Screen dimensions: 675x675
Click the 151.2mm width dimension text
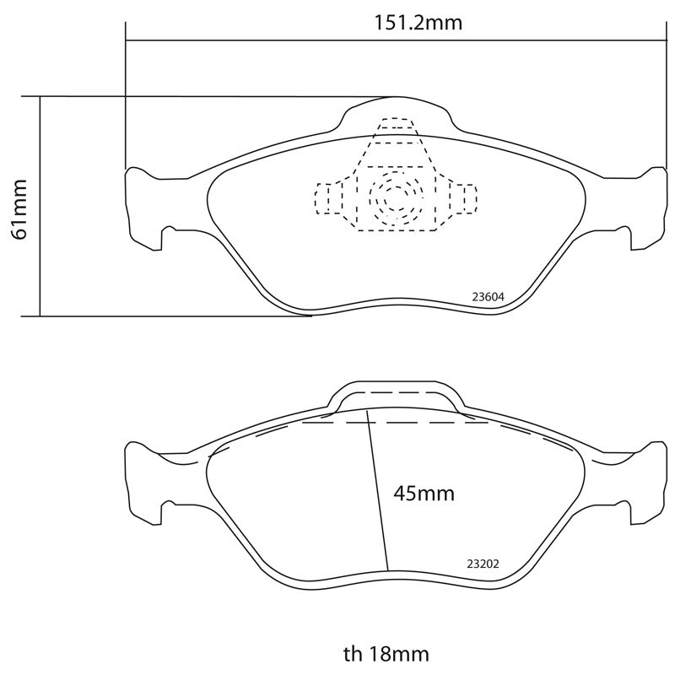[418, 23]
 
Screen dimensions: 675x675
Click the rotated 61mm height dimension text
[19, 208]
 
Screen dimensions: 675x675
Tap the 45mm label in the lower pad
[424, 493]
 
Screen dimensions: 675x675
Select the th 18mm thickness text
[386, 654]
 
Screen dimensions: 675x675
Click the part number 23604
[488, 296]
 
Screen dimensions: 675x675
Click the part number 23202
[483, 564]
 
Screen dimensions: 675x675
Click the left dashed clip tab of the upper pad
[325, 197]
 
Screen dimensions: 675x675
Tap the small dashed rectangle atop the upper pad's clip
[394, 123]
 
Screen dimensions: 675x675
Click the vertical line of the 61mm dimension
[40, 253]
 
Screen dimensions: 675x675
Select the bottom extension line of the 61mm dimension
[169, 316]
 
